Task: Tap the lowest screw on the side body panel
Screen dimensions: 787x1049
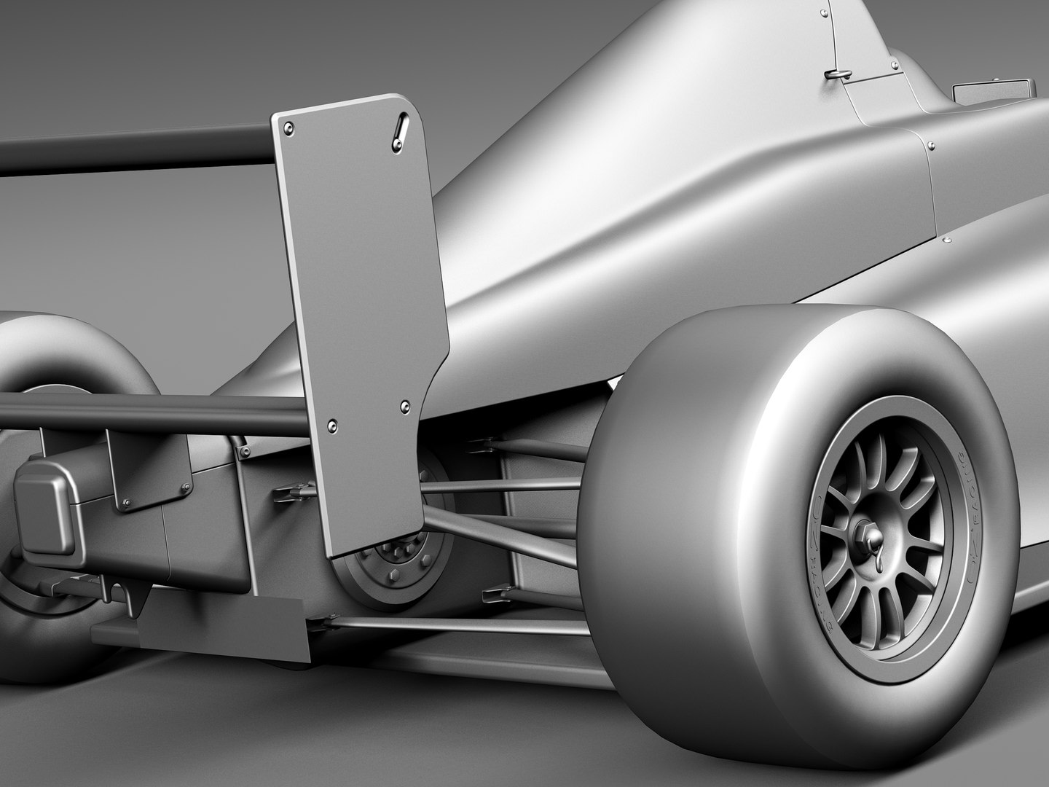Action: click(948, 240)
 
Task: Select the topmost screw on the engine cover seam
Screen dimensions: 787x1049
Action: click(823, 12)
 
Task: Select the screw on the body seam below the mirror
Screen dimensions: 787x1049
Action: click(930, 144)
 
